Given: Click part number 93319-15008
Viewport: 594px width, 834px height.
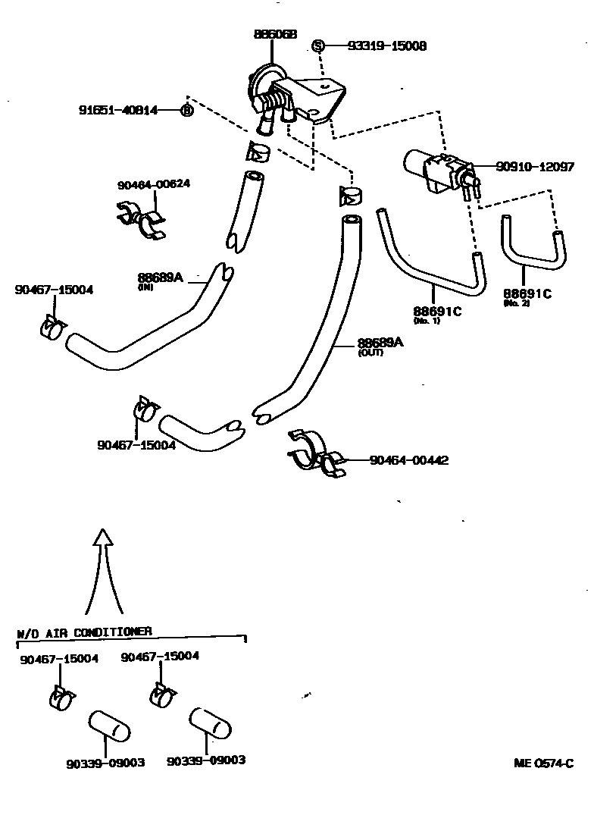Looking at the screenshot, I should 386,46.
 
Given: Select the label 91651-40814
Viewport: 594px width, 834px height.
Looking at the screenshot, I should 118,110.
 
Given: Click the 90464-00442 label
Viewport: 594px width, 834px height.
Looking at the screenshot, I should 408,460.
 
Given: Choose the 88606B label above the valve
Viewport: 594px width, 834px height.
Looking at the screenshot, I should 275,35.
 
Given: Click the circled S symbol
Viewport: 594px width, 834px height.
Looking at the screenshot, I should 319,45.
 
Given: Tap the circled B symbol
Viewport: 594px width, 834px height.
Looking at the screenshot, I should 186,111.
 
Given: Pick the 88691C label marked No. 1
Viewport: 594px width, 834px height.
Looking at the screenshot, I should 437,311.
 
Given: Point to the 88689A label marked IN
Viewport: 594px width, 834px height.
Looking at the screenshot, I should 161,277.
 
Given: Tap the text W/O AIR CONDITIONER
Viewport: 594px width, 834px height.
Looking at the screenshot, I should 84,631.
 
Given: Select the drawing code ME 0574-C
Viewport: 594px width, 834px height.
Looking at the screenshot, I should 543,763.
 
